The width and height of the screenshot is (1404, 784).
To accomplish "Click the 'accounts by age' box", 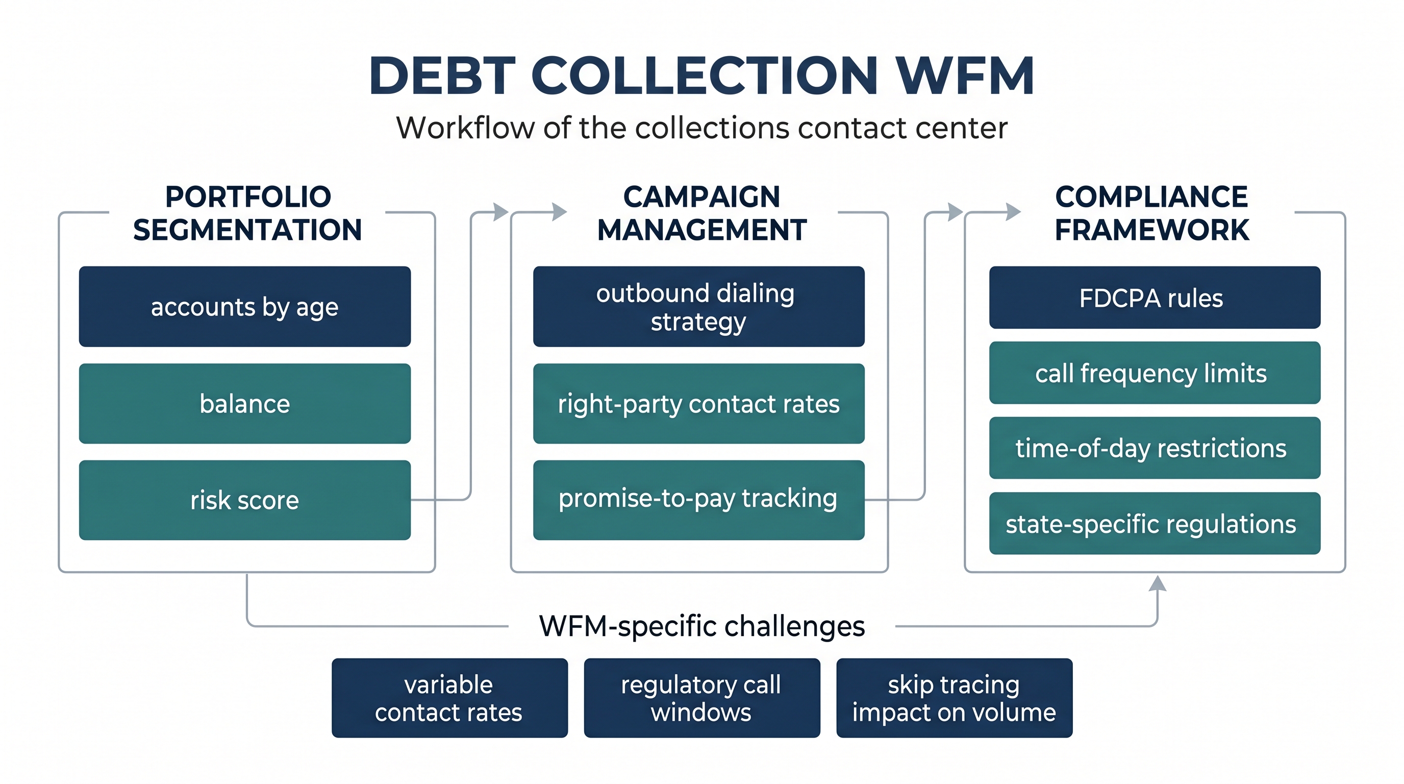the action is pyautogui.click(x=245, y=306).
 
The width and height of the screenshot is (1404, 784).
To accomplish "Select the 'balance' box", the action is pyautogui.click(x=245, y=403).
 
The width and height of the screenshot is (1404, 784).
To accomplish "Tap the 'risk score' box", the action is pyautogui.click(x=245, y=500).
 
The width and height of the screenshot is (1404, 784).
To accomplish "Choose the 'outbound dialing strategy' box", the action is pyautogui.click(x=699, y=306).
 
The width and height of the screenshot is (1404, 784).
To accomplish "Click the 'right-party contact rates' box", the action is pyautogui.click(x=699, y=403).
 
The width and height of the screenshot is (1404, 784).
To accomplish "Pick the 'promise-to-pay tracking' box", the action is pyautogui.click(x=699, y=500).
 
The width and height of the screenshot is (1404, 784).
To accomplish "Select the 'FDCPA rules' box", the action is pyautogui.click(x=1155, y=298).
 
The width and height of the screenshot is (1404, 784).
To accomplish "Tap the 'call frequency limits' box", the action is pyautogui.click(x=1155, y=373).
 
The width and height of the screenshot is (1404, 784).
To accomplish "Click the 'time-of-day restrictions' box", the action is pyautogui.click(x=1155, y=448).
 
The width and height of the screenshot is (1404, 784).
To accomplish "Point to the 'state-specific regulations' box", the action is pyautogui.click(x=1155, y=523).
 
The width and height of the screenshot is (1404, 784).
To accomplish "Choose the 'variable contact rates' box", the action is pyautogui.click(x=449, y=698).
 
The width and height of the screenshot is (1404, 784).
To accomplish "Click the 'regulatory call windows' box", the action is pyautogui.click(x=702, y=698).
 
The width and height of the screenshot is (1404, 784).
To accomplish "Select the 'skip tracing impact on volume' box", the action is pyautogui.click(x=955, y=698).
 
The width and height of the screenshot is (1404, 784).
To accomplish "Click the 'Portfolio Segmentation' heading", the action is pyautogui.click(x=247, y=213).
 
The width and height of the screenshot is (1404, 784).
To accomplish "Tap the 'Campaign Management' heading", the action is pyautogui.click(x=702, y=213).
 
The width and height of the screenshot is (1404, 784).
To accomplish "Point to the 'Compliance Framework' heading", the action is pyautogui.click(x=1151, y=213).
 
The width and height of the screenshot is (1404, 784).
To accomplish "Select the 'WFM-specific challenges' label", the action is pyautogui.click(x=702, y=626).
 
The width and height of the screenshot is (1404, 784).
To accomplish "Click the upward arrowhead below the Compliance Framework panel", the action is pyautogui.click(x=1158, y=583).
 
